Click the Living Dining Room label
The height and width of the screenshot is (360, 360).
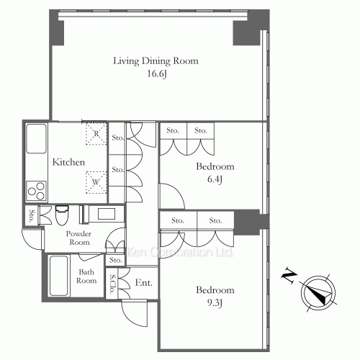pos(156,61)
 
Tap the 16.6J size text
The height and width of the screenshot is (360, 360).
pos(157,73)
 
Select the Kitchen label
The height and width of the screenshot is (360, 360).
pos(68,162)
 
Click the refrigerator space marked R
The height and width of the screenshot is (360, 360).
pos(96,134)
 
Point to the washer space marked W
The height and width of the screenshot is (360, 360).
pos(96,182)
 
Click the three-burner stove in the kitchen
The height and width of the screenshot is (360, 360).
pos(36,191)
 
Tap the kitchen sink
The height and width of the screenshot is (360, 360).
pos(36,138)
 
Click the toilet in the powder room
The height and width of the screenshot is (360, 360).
pos(62,215)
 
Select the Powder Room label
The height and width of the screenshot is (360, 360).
pos(78,238)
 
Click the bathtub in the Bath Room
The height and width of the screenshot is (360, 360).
pos(58,276)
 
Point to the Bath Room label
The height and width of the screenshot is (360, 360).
pos(86,276)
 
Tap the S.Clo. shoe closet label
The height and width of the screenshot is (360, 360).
pos(112,284)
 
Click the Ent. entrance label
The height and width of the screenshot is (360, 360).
pos(144,283)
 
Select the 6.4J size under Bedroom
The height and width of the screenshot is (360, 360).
pos(215,179)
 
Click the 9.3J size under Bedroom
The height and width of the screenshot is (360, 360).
pos(215,303)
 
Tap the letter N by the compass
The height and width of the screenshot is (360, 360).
pos(289,276)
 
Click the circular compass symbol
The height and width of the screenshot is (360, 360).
pos(318,293)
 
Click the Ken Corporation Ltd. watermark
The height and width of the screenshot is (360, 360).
pos(180,252)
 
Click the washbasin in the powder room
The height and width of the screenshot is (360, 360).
pos(106,213)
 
